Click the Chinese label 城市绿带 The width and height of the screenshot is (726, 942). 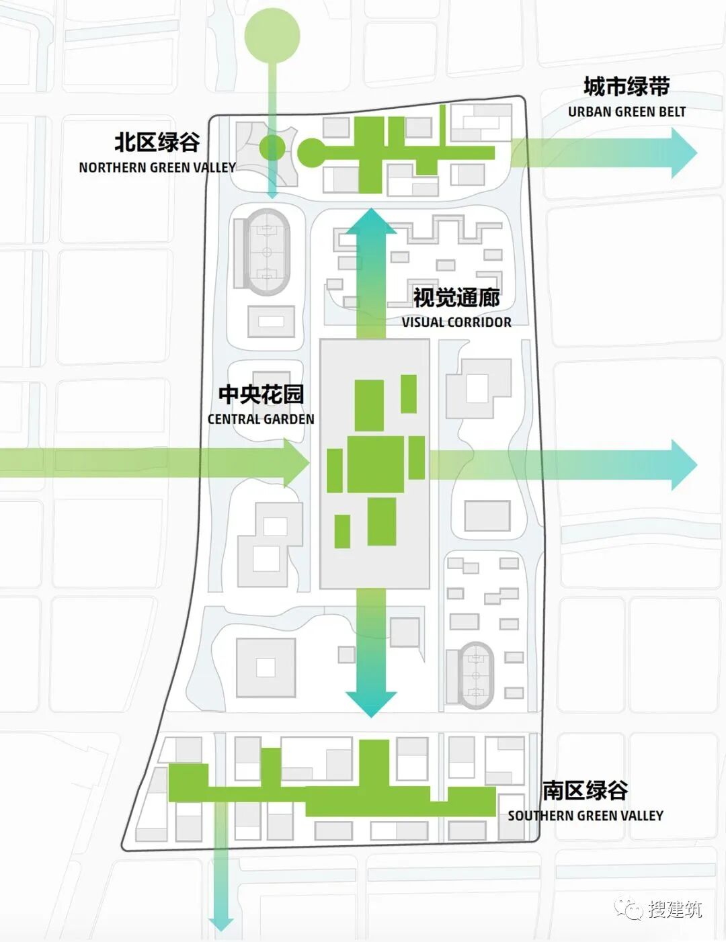(x=627, y=87)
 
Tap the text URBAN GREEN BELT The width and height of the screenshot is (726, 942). (x=627, y=112)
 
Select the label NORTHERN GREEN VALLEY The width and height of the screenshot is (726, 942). (x=157, y=167)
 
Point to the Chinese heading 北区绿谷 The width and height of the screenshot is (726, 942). (x=157, y=142)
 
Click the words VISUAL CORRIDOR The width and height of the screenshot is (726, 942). (x=456, y=323)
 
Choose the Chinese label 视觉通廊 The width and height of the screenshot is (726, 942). (x=456, y=298)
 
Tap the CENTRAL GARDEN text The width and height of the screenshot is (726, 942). (x=261, y=419)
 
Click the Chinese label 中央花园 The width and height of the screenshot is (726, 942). (x=261, y=394)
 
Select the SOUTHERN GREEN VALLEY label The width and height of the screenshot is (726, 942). (x=586, y=816)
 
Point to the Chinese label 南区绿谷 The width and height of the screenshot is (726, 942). (x=586, y=790)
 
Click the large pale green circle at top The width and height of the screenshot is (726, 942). (x=272, y=34)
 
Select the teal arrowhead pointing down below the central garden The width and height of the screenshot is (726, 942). (x=370, y=702)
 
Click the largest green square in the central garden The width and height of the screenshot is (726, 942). (x=376, y=464)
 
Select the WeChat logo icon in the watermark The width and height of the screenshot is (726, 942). (x=629, y=908)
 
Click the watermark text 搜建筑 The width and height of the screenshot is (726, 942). (x=675, y=909)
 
